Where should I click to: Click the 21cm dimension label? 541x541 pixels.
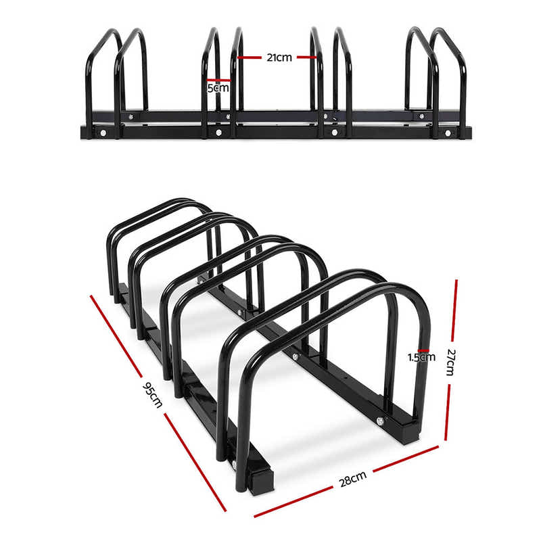click(279, 57)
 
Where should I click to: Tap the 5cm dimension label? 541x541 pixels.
click(217, 88)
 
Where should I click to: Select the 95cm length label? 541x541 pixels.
click(152, 394)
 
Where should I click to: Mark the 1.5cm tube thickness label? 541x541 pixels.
click(421, 357)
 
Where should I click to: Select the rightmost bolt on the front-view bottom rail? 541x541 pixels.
click(446, 134)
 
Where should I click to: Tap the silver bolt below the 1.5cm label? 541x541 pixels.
click(380, 421)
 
